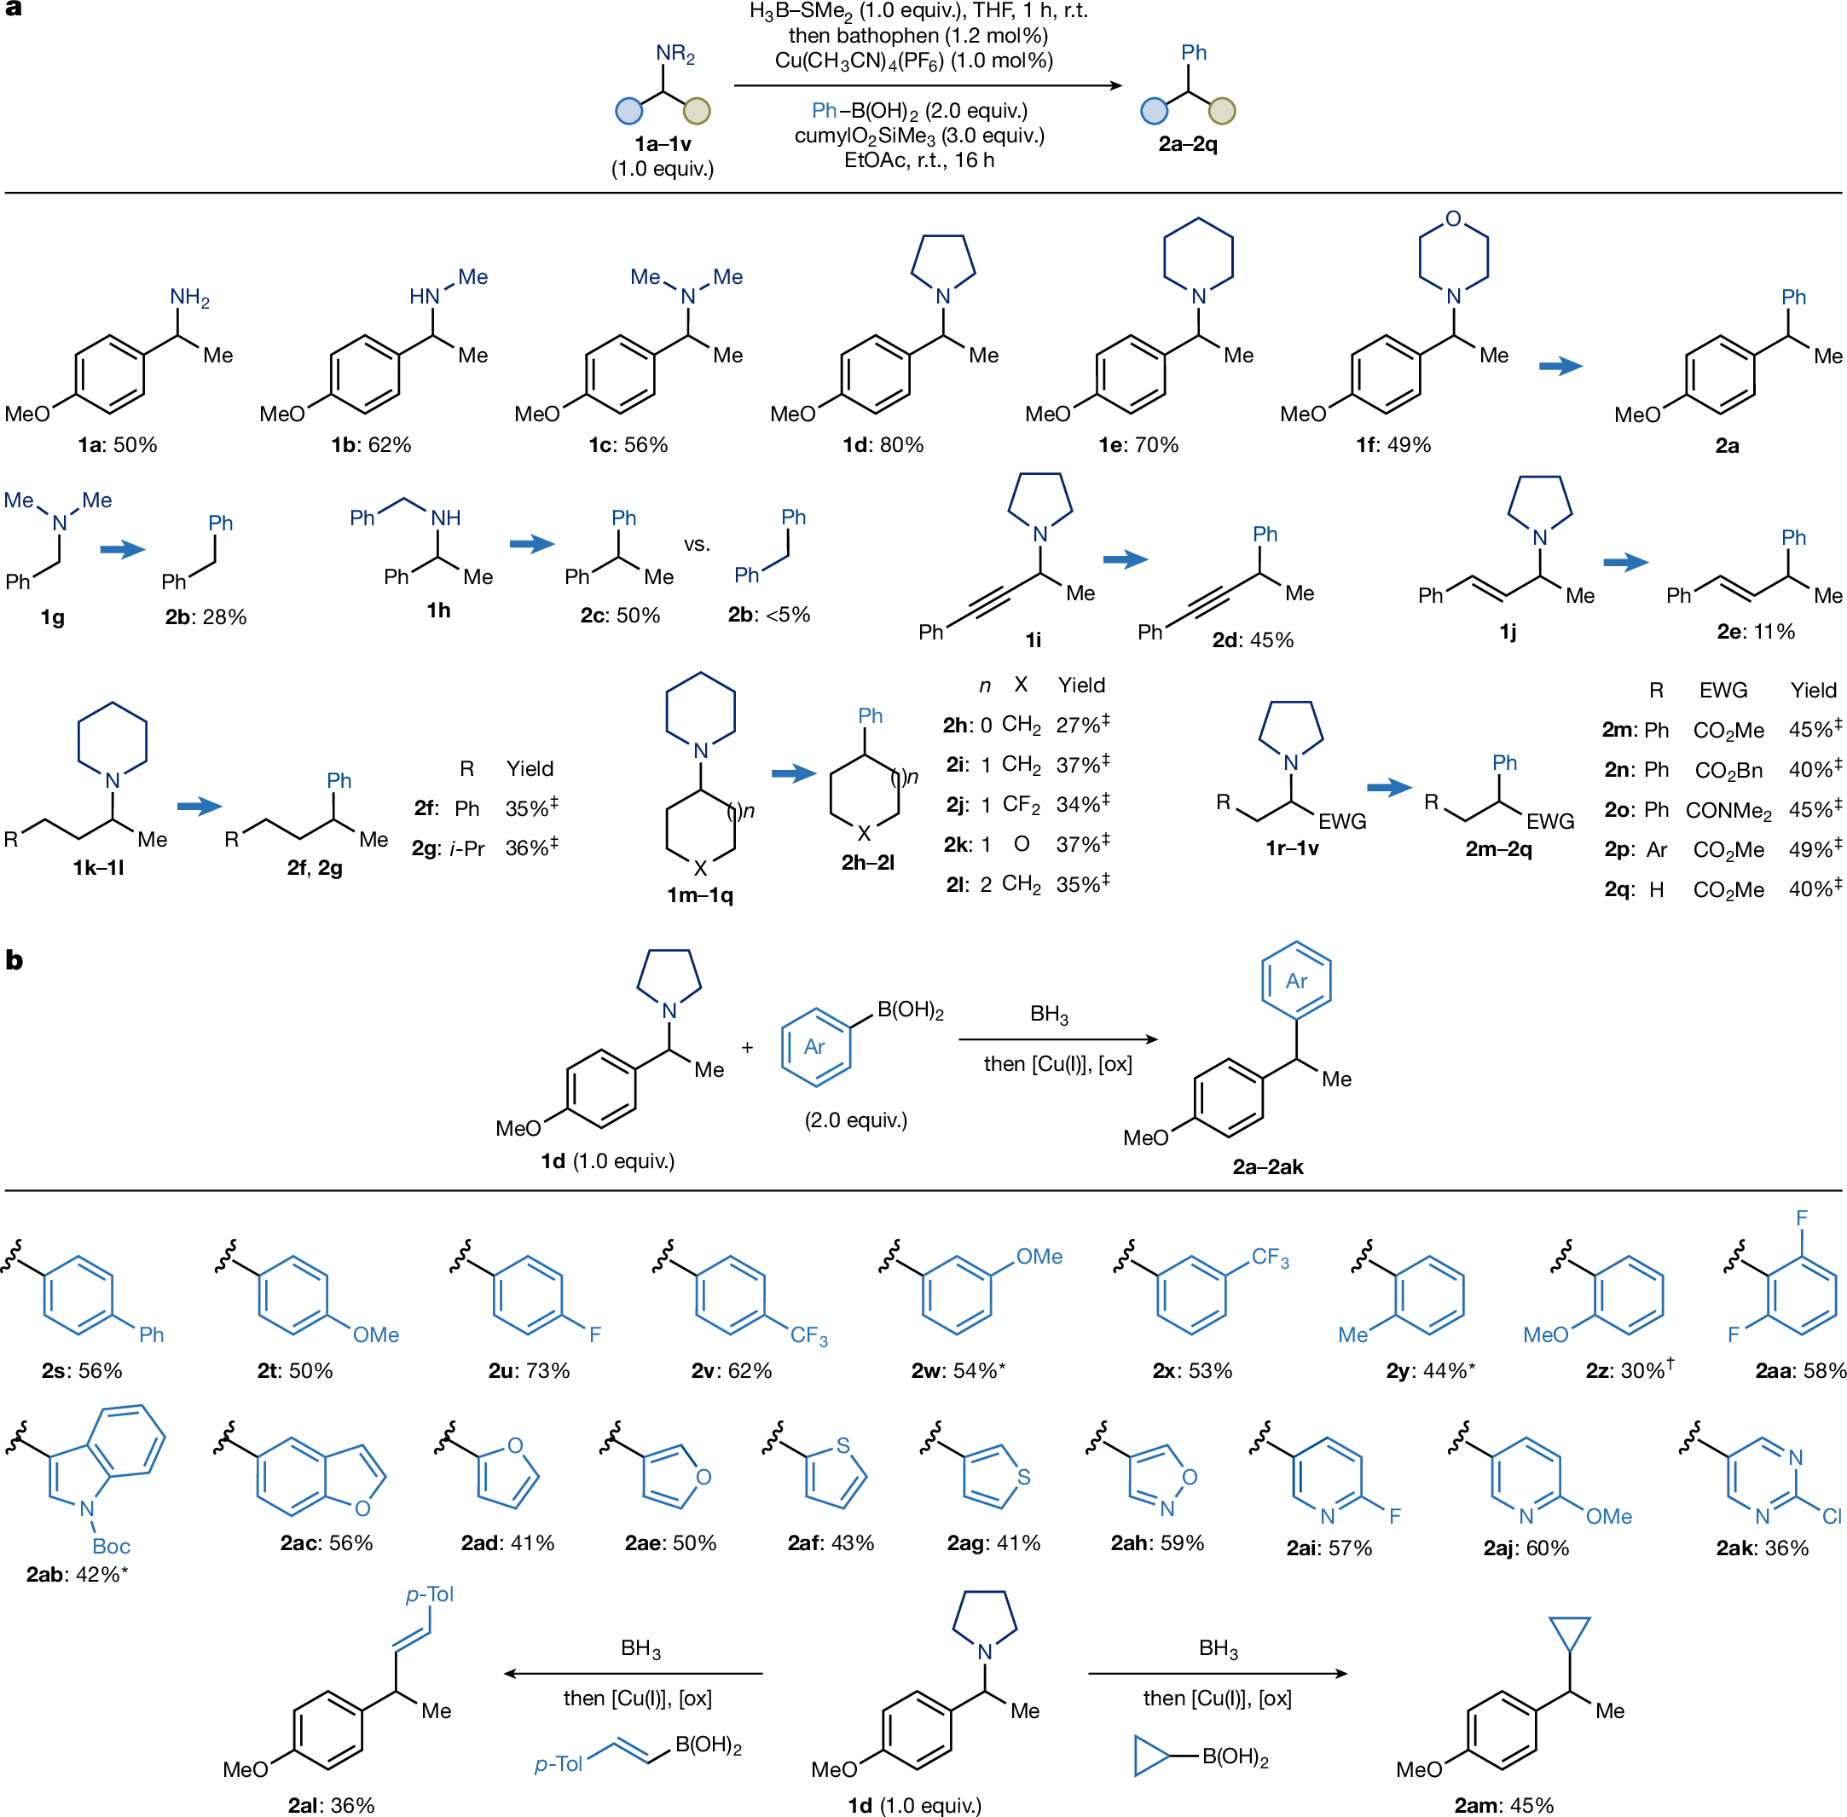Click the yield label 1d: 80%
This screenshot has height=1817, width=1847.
pyautogui.click(x=883, y=445)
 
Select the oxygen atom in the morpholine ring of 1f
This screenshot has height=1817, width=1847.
pyautogui.click(x=1453, y=218)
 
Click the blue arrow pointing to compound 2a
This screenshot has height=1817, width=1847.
pyautogui.click(x=1560, y=366)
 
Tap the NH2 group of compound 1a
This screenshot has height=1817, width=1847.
pyautogui.click(x=189, y=297)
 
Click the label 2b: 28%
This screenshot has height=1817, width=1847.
pyautogui.click(x=206, y=616)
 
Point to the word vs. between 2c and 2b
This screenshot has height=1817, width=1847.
pyautogui.click(x=697, y=544)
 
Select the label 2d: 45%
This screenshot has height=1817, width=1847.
pyautogui.click(x=1253, y=639)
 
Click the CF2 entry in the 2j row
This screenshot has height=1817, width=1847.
pyautogui.click(x=1022, y=805)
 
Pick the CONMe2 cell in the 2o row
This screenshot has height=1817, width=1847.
pyautogui.click(x=1728, y=810)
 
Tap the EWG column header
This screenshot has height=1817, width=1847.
pyautogui.click(x=1723, y=690)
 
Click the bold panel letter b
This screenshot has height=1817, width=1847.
pyautogui.click(x=14, y=960)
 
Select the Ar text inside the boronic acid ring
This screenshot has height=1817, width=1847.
pyautogui.click(x=814, y=1047)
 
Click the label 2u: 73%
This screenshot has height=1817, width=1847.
pyautogui.click(x=529, y=1370)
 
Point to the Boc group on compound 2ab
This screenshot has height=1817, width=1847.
pyautogui.click(x=111, y=1546)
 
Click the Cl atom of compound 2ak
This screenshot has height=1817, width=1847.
pyautogui.click(x=1831, y=1516)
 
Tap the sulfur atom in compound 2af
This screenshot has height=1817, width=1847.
pyautogui.click(x=842, y=1446)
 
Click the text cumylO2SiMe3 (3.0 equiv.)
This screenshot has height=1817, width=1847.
pyautogui.click(x=918, y=136)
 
